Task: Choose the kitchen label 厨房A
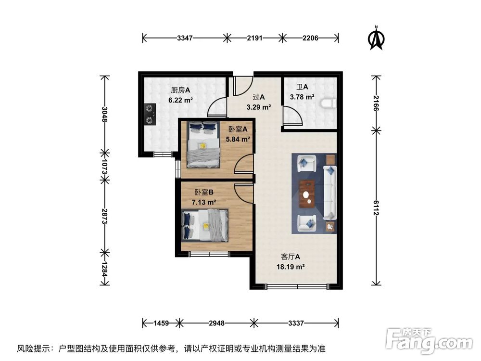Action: click(x=180, y=90)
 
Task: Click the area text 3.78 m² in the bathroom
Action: click(x=302, y=97)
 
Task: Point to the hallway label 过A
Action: click(x=259, y=97)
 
